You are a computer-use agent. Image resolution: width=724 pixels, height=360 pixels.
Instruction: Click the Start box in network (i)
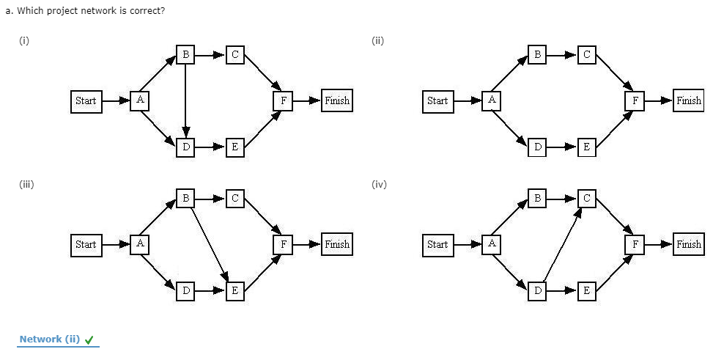coord(86,100)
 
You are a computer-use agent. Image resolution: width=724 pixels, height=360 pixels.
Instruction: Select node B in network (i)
coord(186,54)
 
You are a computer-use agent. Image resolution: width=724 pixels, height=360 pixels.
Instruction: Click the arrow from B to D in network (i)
coord(186,100)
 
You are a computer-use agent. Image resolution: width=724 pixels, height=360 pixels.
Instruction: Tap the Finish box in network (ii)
coord(688,100)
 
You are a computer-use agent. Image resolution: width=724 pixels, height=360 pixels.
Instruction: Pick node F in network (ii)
coord(635,100)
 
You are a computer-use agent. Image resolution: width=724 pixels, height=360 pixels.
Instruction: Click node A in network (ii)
coord(492,100)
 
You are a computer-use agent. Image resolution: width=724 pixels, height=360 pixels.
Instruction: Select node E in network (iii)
coord(234,290)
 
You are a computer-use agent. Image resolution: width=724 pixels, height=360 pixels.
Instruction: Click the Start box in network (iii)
coord(86,244)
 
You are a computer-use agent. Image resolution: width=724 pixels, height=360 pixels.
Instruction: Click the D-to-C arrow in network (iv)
coord(562,244)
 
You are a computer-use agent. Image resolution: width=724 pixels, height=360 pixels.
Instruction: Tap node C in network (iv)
coord(586,198)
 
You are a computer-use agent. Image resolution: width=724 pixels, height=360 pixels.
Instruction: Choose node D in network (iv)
coord(539,290)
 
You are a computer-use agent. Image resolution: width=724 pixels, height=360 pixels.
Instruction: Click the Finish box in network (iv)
coord(688,244)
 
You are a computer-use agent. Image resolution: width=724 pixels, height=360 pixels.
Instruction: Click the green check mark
coord(89,339)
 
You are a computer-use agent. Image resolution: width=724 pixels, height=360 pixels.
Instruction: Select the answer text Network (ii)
coord(49,339)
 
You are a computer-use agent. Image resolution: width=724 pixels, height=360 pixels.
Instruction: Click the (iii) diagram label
coord(26,185)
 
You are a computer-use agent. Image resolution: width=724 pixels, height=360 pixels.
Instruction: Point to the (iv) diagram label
coord(379,185)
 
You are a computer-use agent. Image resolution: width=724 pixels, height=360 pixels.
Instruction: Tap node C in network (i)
coord(234,54)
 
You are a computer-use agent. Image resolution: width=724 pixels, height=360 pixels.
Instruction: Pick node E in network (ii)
coord(586,147)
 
